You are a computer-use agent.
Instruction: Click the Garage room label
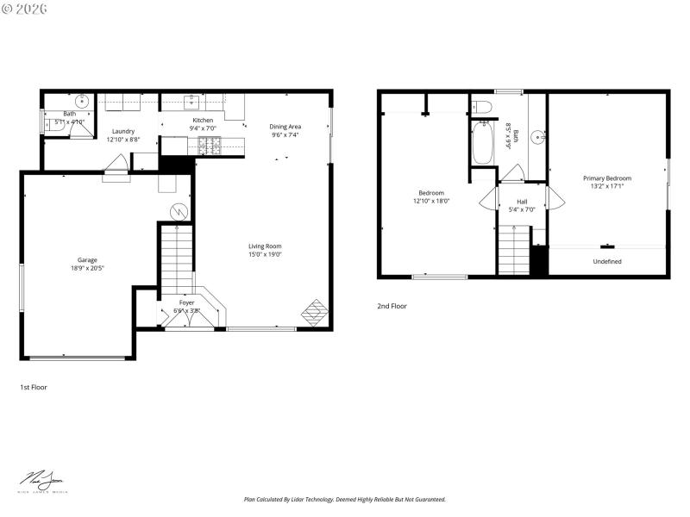point(87,259)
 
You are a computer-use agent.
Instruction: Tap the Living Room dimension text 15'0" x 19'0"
point(266,255)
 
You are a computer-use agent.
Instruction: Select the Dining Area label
point(285,127)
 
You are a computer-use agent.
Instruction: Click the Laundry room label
point(122,131)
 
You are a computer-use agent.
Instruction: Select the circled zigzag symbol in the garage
point(179,211)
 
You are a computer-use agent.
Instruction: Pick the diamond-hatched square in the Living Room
point(315,312)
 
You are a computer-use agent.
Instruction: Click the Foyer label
point(186,302)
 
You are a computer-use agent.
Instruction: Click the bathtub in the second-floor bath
point(483,144)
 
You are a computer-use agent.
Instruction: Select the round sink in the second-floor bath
point(536,136)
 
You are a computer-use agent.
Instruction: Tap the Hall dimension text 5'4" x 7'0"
point(521,209)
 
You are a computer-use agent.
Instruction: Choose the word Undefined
point(607,261)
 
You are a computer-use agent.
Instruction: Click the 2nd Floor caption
point(392,306)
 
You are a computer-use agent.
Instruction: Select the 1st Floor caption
point(34,387)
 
